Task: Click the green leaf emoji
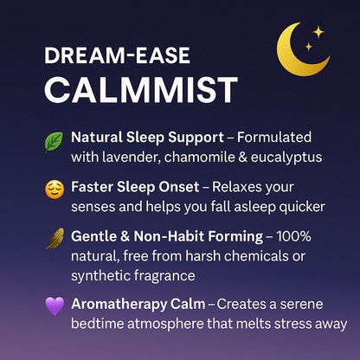[x=54, y=140]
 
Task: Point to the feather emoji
[x=54, y=237]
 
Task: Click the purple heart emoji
[x=54, y=305]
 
